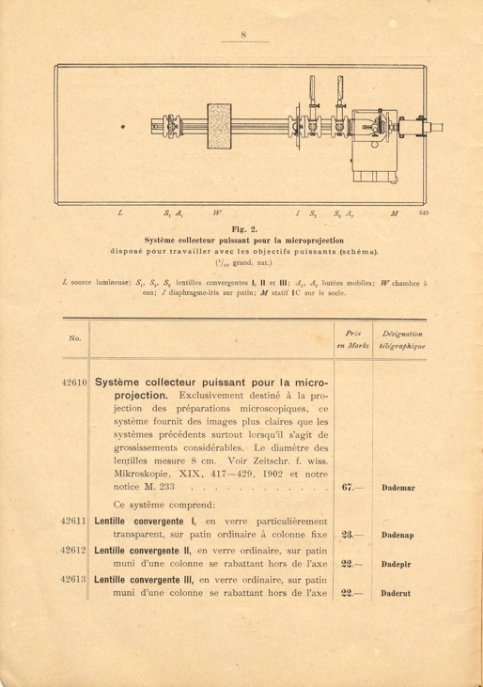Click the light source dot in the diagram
coord(124,125)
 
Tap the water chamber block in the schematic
coord(218,125)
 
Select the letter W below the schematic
coord(218,215)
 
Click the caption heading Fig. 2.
coord(241,228)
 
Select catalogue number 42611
coord(72,520)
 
